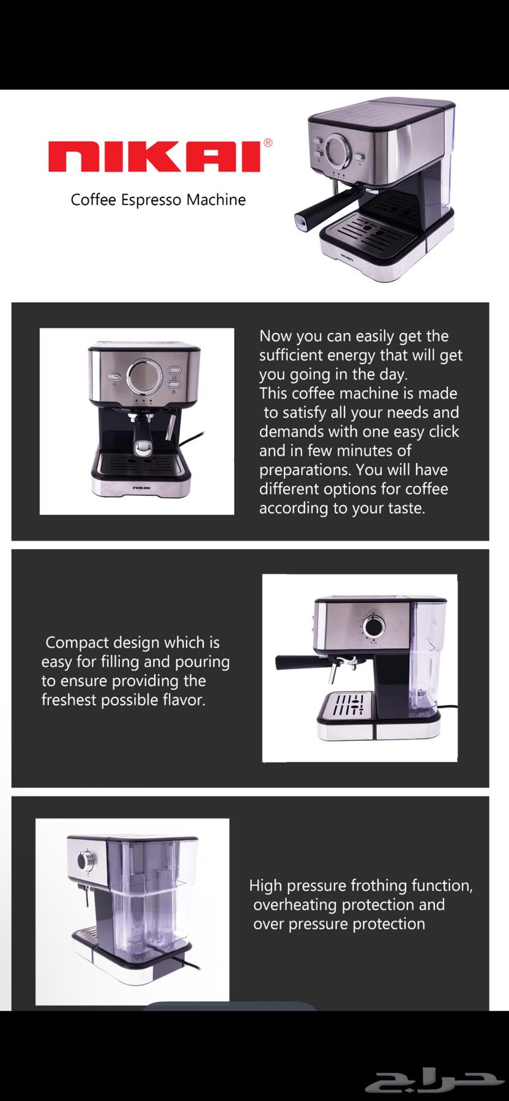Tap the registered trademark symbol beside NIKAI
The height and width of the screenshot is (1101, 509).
(268, 143)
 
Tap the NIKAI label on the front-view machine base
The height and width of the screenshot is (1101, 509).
(141, 487)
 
